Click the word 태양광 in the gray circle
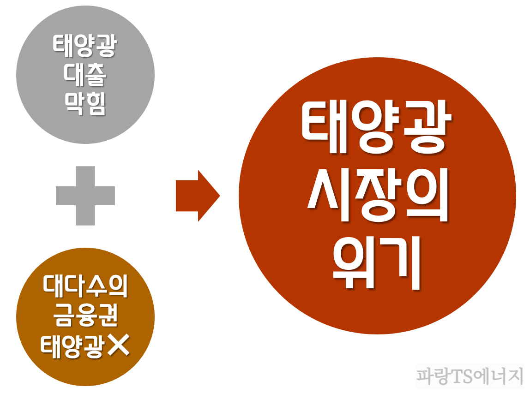pos(85,47)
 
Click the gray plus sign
pos(85,196)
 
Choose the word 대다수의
pos(85,286)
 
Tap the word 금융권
pos(85,316)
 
